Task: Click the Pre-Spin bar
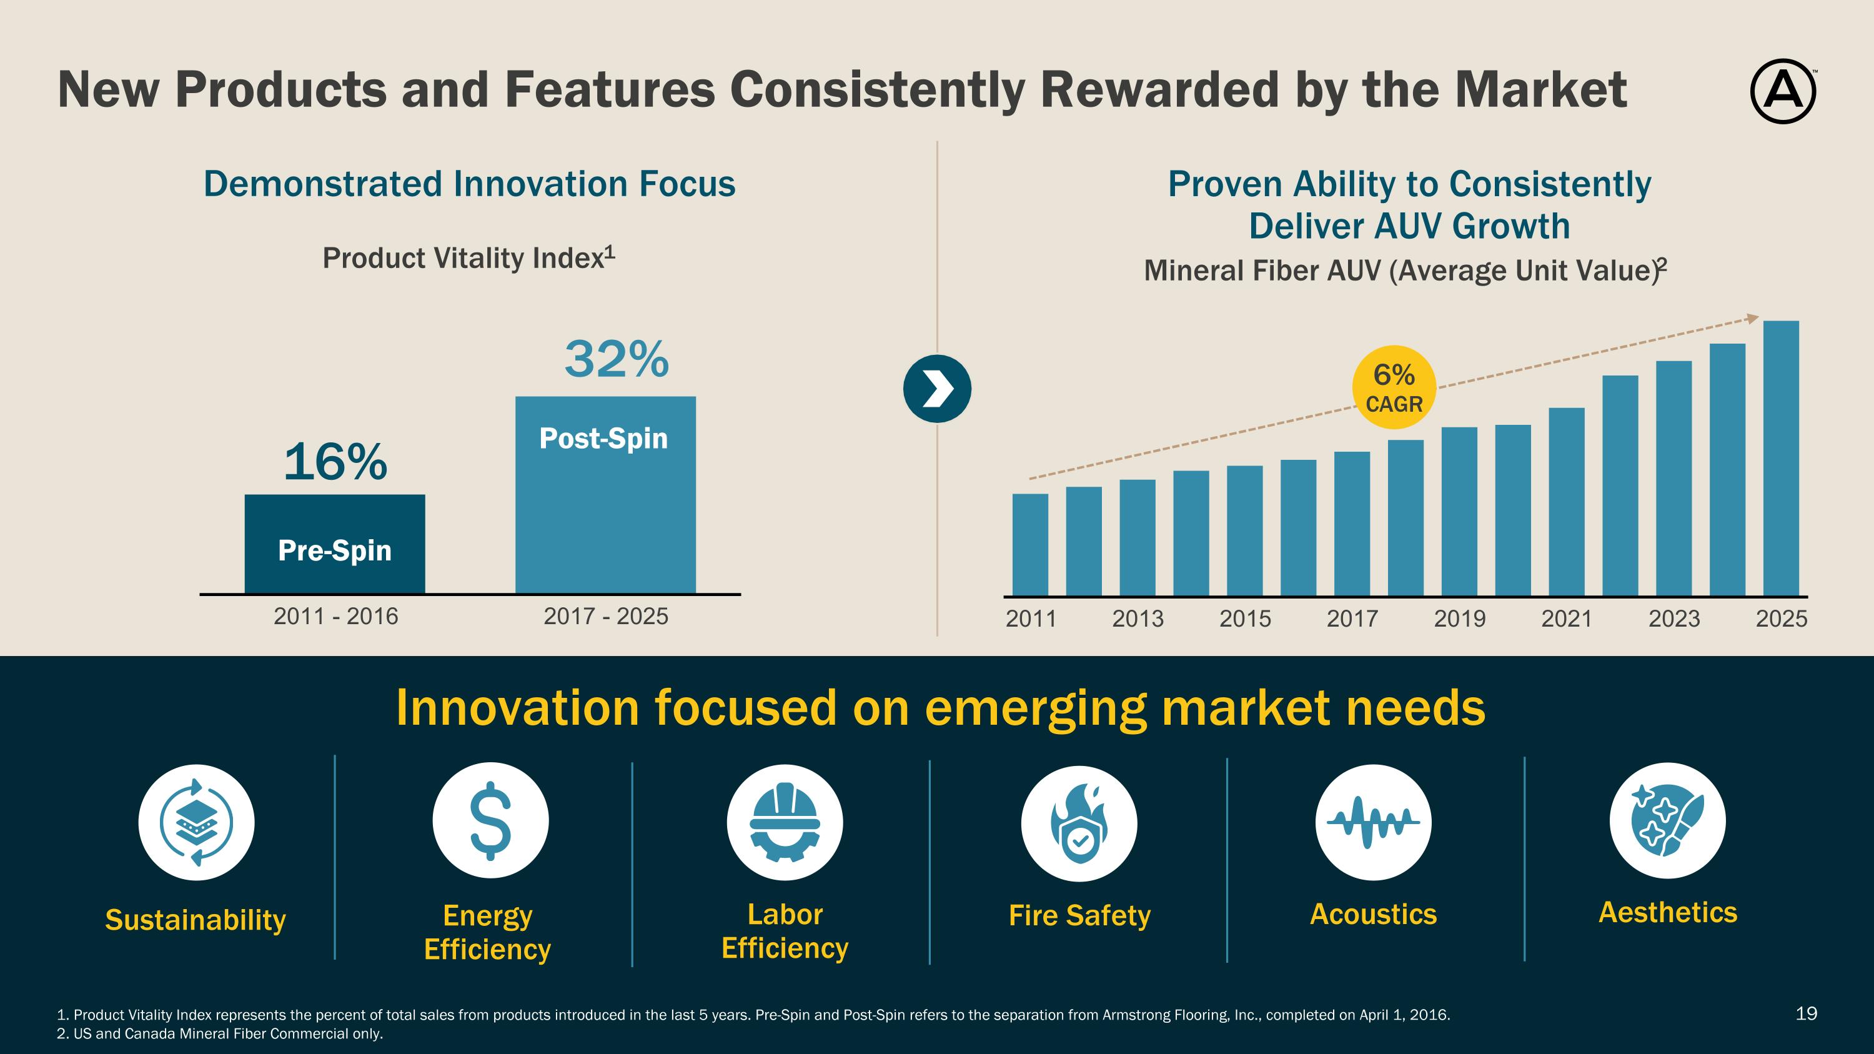[335, 544]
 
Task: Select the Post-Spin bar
[605, 495]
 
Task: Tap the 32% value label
[616, 359]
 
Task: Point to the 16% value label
[335, 462]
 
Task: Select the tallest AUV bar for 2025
[1781, 458]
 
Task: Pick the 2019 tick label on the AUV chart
[1459, 619]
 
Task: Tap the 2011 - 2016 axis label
[335, 616]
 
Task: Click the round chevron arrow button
[937, 389]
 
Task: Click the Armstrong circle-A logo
[1782, 92]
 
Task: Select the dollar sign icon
[490, 820]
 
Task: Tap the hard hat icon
[784, 822]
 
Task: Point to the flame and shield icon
[1079, 823]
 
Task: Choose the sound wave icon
[1373, 822]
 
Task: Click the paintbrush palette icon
[1667, 820]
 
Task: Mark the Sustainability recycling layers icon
[196, 823]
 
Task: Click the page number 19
[1807, 1013]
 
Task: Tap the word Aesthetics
[1667, 912]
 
